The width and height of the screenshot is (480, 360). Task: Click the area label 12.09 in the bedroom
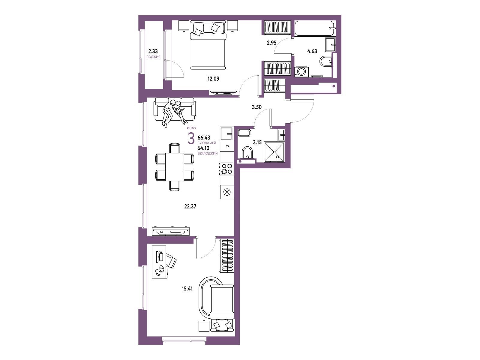[213, 79]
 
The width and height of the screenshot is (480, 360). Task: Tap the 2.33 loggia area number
[153, 51]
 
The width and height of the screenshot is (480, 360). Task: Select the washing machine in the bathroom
[302, 71]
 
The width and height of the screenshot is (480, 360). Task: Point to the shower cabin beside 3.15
[274, 152]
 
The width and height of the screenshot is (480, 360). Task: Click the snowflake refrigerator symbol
[227, 192]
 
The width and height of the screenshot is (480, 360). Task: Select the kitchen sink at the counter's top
[226, 133]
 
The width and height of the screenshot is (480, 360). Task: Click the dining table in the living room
[175, 167]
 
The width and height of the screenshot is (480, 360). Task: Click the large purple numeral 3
[191, 139]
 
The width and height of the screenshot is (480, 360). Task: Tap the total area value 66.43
[204, 138]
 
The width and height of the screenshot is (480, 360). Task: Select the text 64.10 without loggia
[203, 148]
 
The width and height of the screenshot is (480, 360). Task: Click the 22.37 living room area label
[190, 206]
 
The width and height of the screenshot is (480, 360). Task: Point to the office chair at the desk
[171, 260]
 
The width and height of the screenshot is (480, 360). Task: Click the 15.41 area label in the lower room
[187, 289]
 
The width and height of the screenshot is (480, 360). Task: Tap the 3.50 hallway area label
[257, 107]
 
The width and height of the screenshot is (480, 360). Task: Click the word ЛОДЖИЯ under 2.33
[153, 57]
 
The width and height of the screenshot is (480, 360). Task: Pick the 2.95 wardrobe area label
[271, 43]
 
